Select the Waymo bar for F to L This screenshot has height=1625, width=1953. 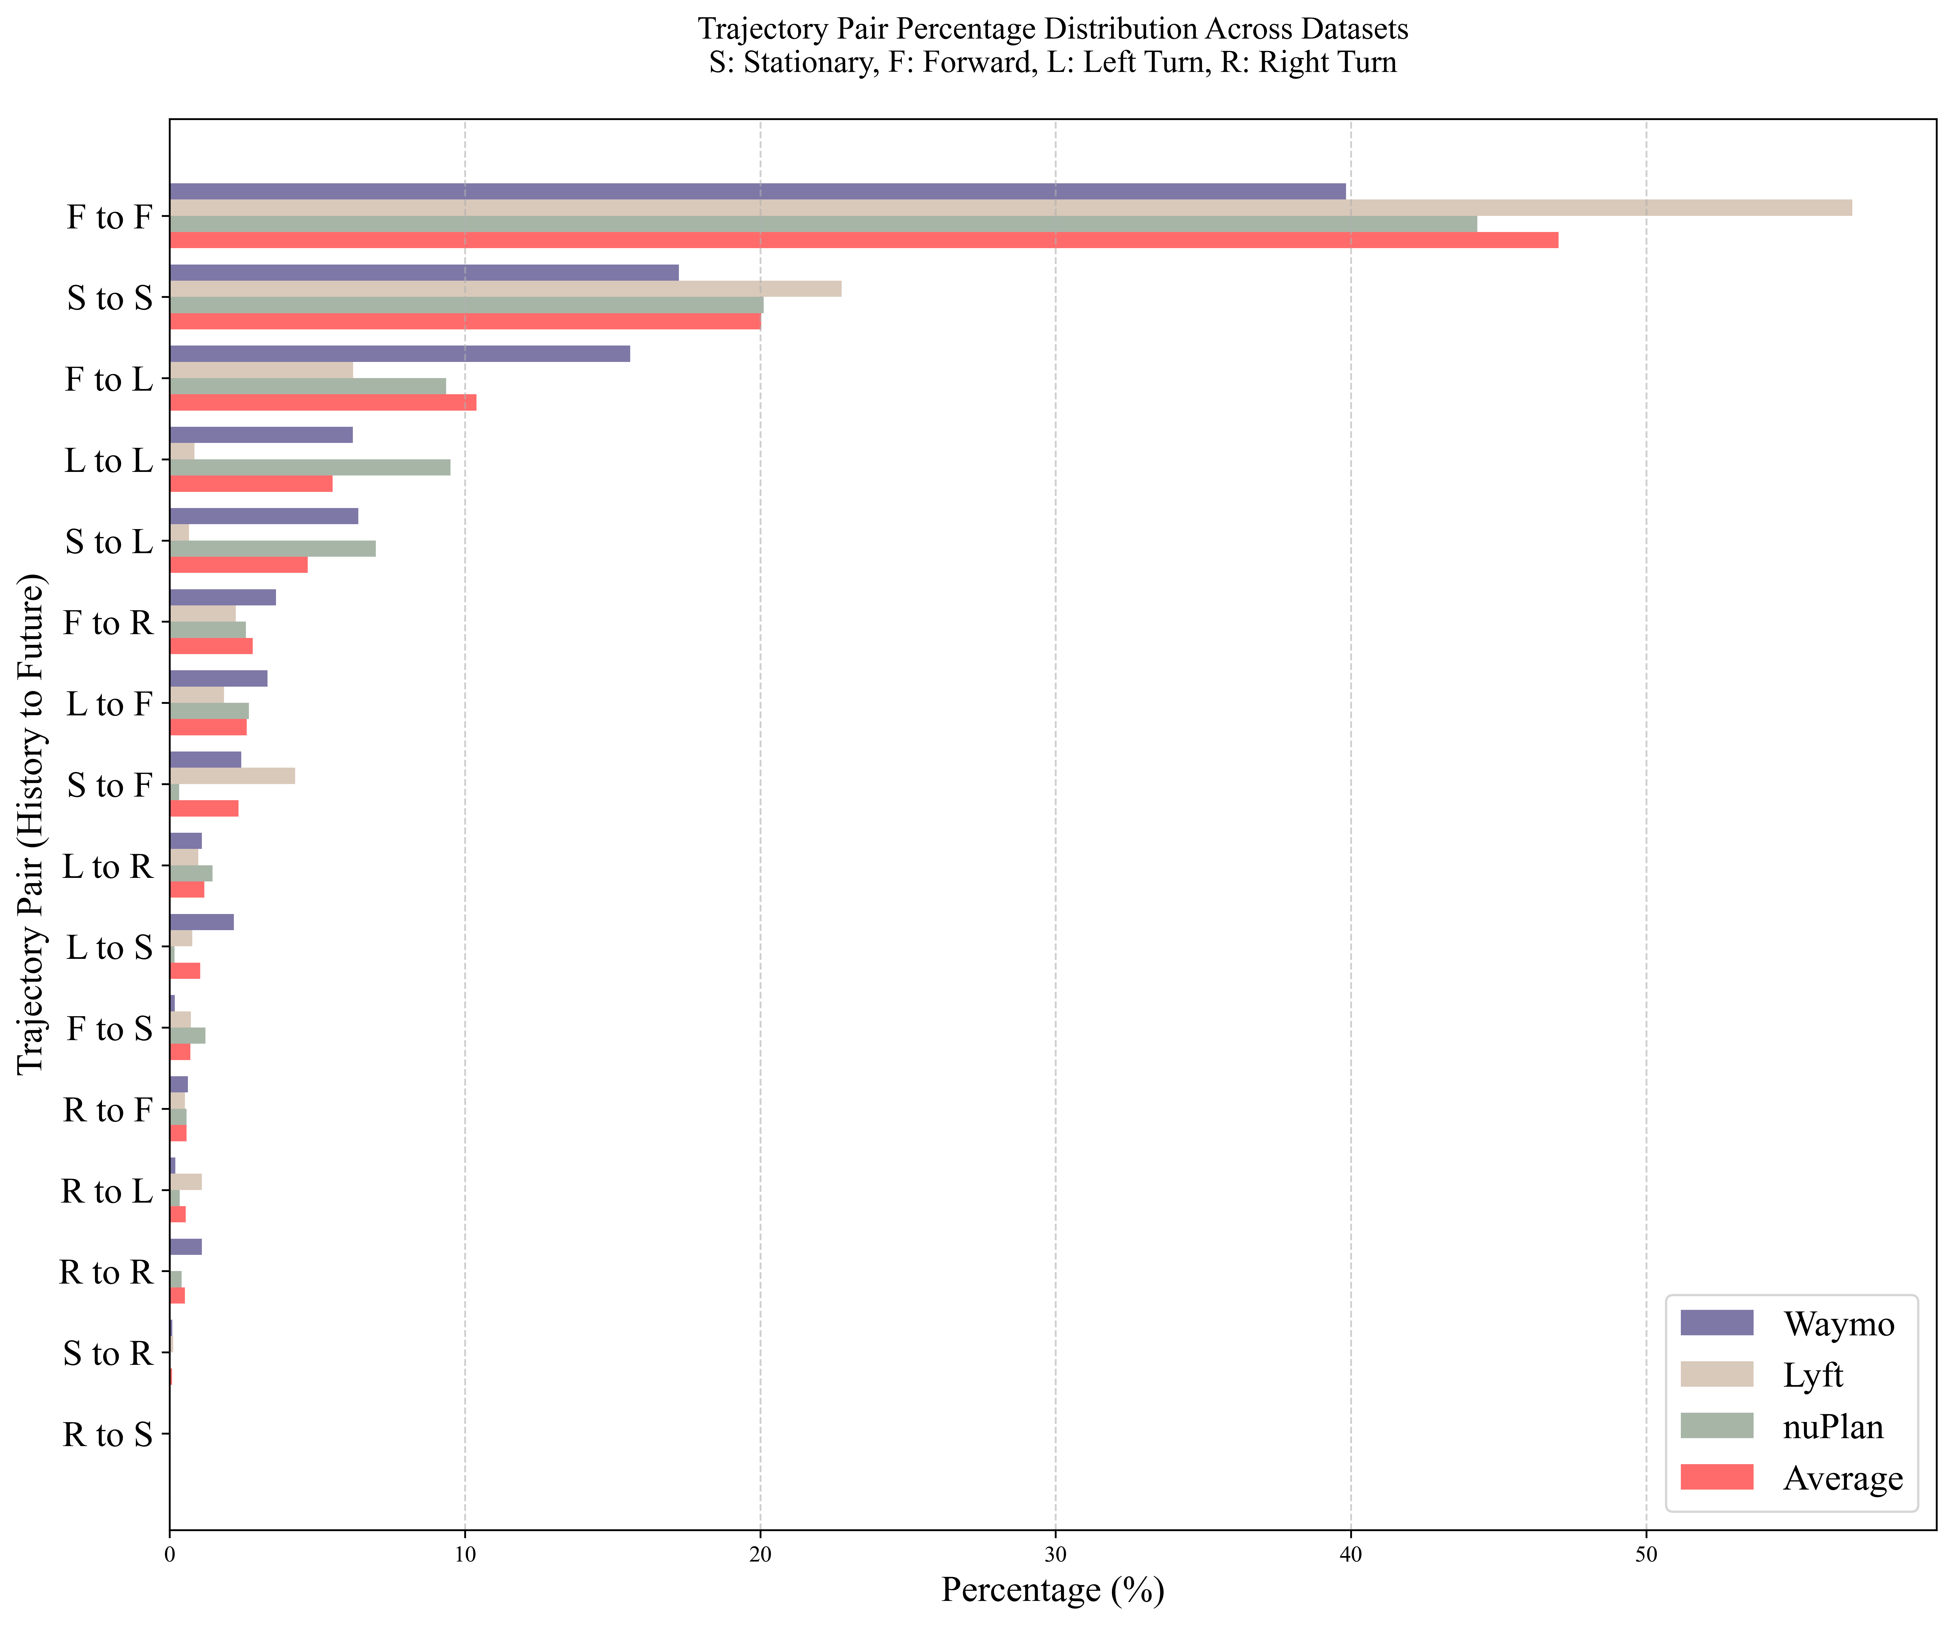click(x=400, y=353)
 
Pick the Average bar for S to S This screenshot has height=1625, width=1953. click(x=465, y=321)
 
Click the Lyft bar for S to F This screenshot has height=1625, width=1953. click(x=233, y=776)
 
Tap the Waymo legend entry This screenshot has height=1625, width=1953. click(x=1837, y=1324)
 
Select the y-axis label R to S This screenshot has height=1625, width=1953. click(x=107, y=1434)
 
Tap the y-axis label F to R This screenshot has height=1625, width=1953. click(x=107, y=622)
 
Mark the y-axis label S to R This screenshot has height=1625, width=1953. click(x=107, y=1353)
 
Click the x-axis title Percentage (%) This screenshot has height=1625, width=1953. click(x=1053, y=1590)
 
